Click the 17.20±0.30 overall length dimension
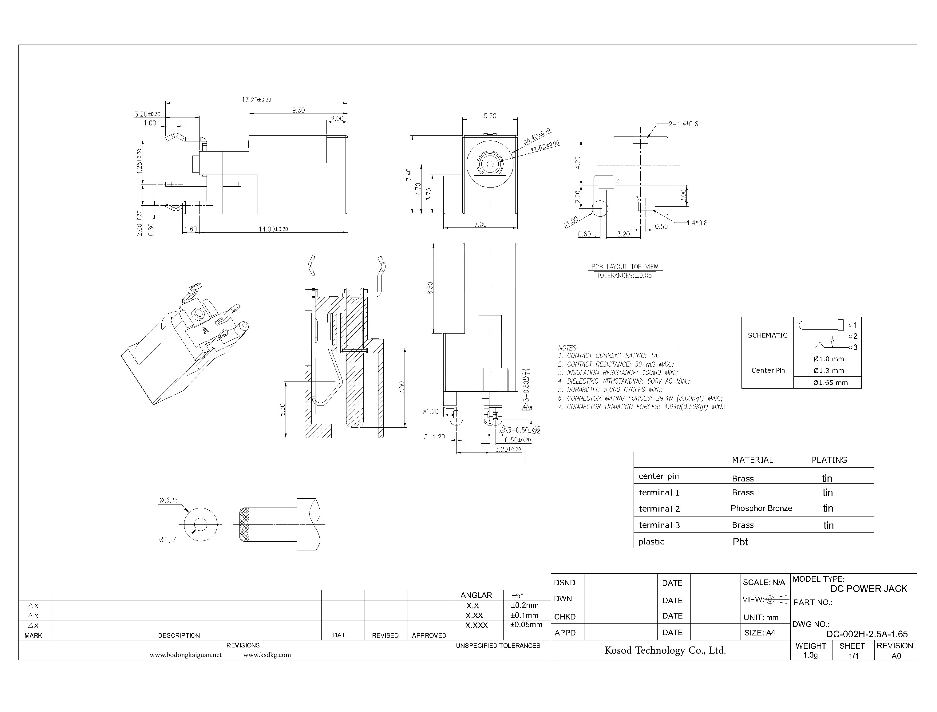pos(256,100)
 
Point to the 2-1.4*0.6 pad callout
pos(683,124)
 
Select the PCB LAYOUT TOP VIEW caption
pos(624,267)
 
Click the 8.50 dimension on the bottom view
pos(430,288)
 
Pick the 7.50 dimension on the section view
pos(402,387)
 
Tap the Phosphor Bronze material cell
pos(761,508)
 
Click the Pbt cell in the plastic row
pos(740,542)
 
